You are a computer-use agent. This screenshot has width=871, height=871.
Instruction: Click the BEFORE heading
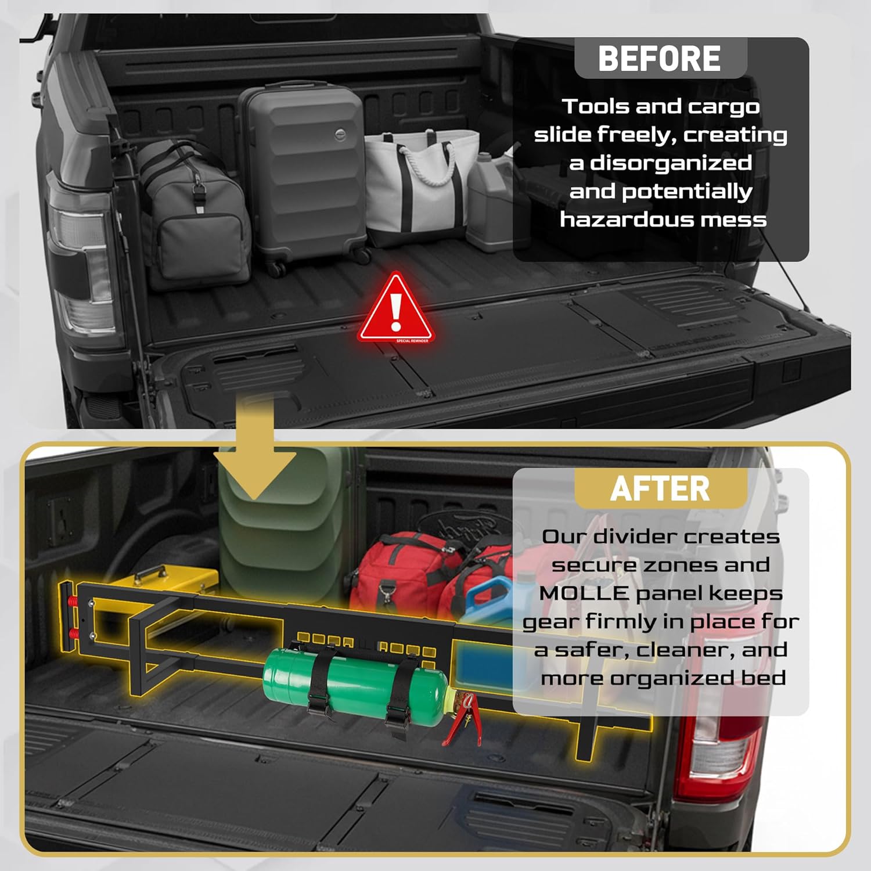click(659, 59)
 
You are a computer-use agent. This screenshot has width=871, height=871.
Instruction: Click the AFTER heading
click(660, 489)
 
